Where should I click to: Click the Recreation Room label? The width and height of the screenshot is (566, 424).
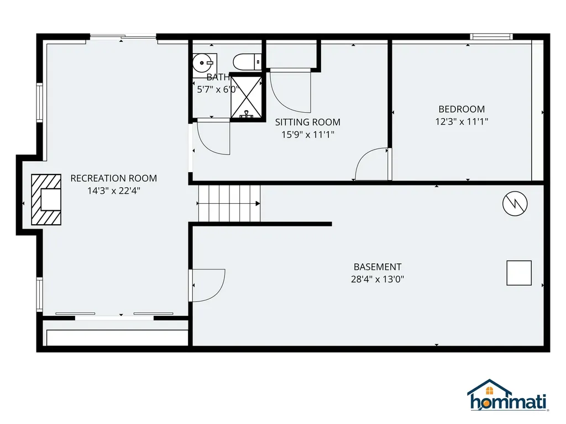tap(113, 178)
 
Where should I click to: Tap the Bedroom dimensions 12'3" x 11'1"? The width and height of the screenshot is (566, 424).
tap(462, 121)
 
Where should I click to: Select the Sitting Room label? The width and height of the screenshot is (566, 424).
tap(307, 122)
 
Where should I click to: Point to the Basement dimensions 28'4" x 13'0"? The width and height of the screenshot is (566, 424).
tap(378, 279)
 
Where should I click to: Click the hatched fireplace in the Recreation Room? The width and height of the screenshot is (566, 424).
tap(46, 200)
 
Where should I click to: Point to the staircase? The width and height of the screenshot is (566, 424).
tap(229, 203)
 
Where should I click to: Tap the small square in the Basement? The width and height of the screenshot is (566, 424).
tap(519, 273)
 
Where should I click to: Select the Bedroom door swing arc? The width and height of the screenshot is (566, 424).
tap(371, 165)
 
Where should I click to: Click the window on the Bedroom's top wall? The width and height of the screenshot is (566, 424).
tap(491, 37)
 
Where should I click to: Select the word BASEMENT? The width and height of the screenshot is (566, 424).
tap(378, 267)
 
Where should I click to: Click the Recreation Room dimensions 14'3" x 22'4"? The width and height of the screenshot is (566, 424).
tap(113, 190)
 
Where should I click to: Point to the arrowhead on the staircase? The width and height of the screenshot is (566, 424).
tap(258, 203)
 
